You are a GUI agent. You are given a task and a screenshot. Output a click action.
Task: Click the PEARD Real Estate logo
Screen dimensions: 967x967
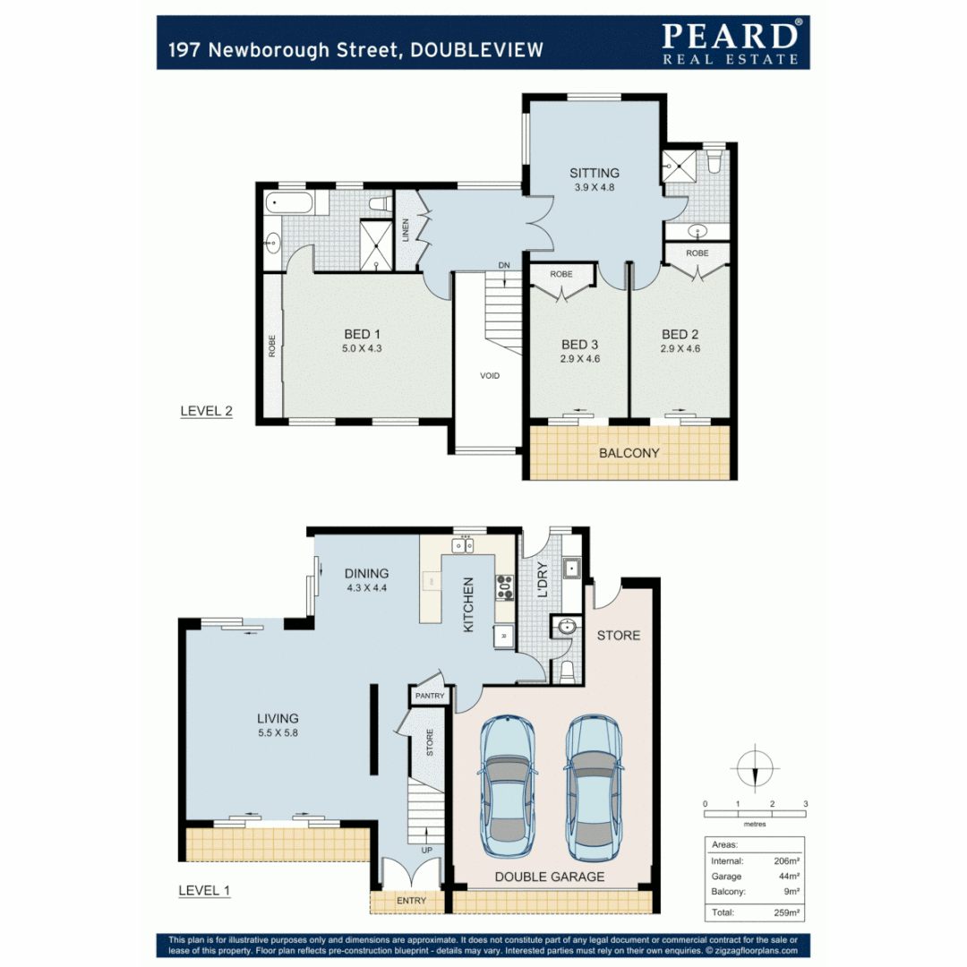730,42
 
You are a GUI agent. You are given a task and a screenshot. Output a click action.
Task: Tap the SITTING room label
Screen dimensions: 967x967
595,174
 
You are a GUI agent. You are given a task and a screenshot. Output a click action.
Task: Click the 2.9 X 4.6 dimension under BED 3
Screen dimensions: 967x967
579,359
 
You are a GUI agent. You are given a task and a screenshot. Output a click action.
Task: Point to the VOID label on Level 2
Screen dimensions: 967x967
489,375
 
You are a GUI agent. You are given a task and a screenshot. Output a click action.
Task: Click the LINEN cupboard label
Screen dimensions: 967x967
406,230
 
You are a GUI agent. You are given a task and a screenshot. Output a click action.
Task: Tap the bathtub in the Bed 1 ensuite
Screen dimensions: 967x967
289,204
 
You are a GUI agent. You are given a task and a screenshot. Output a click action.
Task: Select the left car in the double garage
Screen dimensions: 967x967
507,786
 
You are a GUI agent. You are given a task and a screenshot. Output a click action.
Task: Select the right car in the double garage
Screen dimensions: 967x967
594,786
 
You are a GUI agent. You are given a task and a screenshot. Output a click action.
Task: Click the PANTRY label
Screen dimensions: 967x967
430,696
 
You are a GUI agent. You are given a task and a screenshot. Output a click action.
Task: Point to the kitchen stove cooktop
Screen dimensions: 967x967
505,586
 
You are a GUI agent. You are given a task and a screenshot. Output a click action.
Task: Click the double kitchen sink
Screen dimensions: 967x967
463,544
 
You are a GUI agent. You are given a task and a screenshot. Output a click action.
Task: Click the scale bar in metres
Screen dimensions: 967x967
755,813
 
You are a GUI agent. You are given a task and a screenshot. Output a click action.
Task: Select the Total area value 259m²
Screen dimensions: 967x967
784,913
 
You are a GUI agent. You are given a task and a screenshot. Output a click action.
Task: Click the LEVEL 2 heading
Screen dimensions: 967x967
206,412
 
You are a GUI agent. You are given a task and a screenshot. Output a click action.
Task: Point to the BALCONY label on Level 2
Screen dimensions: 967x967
629,453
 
